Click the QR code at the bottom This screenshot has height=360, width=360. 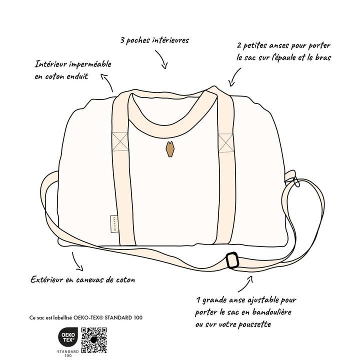point(94,340)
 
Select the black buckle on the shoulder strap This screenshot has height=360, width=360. point(231,260)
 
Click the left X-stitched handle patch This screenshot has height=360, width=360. point(120,141)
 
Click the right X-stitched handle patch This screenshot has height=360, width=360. point(225,142)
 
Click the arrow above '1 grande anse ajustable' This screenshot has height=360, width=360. point(245,285)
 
